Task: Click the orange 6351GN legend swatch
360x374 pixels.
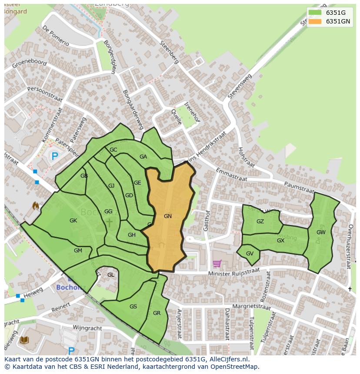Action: [x=315, y=21]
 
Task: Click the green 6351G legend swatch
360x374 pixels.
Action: [x=315, y=12]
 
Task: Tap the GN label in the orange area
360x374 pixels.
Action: [x=168, y=216]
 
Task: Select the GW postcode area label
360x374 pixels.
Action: [x=321, y=232]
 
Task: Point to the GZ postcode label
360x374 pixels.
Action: [x=260, y=222]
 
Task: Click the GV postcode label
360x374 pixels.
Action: [x=250, y=254]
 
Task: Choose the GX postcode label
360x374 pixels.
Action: [x=280, y=241]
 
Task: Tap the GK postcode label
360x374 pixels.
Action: [x=73, y=221]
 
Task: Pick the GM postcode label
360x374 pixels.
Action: [x=78, y=251]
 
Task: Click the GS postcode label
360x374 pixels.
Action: [x=133, y=307]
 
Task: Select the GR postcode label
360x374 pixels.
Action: [x=157, y=313]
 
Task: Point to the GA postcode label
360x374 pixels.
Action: [x=143, y=157]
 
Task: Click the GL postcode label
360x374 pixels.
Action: [x=111, y=275]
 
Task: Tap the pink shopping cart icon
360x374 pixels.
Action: [x=217, y=263]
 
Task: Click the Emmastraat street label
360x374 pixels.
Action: [x=231, y=174]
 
